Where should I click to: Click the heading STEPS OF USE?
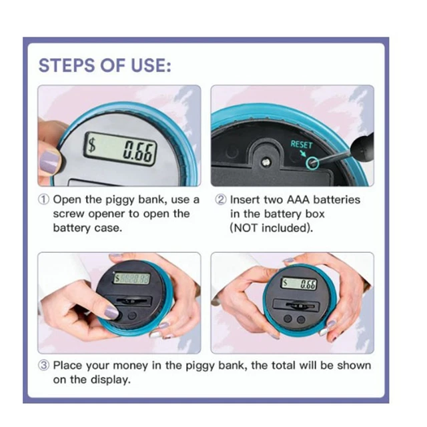tap(105, 65)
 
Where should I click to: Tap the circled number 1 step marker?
tap(43, 199)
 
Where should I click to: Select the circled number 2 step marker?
tap(221, 199)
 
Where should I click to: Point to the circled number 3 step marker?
tap(43, 366)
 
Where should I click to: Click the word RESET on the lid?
tap(302, 144)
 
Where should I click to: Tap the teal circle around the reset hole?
tap(312, 163)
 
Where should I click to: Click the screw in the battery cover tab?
tap(266, 163)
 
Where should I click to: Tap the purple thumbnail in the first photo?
tap(49, 163)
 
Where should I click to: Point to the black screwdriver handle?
tap(362, 147)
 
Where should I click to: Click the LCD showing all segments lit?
tap(132, 278)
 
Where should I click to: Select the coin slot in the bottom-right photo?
tap(296, 305)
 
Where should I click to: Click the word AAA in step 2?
tap(298, 199)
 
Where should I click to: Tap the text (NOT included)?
tap(272, 228)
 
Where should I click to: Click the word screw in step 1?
tap(69, 214)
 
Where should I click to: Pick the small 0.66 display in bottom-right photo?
tap(299, 284)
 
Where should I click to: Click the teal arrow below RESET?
tap(303, 153)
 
